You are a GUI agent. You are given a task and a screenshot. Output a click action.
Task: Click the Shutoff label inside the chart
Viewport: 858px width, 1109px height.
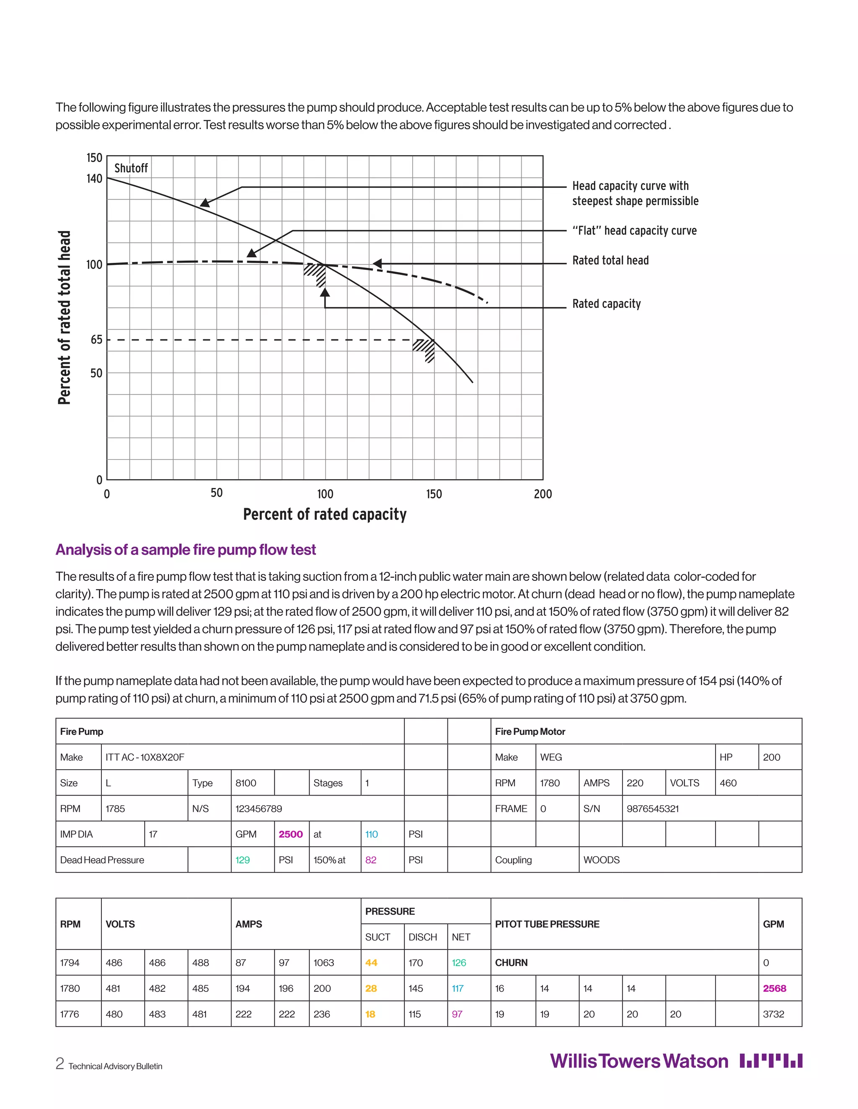[x=131, y=168]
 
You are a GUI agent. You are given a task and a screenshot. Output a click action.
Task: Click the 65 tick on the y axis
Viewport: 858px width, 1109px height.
[x=97, y=340]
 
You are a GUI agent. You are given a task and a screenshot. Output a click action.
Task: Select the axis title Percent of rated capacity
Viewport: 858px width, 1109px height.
[x=325, y=514]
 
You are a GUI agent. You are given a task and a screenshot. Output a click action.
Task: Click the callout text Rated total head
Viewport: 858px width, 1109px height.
[x=610, y=260]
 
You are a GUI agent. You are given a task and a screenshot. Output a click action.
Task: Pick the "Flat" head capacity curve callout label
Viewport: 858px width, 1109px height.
[x=634, y=231]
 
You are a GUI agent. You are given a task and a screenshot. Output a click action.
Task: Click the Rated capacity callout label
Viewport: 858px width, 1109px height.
[x=606, y=304]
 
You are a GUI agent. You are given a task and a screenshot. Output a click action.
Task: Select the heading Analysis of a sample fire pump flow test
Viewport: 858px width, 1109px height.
[x=186, y=550]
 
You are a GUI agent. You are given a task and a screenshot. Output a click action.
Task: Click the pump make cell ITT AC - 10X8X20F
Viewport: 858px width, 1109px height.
[x=145, y=757]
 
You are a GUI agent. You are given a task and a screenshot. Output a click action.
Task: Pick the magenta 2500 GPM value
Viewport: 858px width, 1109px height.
[x=290, y=834]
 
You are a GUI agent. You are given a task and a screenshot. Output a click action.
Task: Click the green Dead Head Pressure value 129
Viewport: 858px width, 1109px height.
[x=243, y=860]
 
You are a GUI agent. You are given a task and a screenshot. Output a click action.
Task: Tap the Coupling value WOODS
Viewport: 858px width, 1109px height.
[x=601, y=860]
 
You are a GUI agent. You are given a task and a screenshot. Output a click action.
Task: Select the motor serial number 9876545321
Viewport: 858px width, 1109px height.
[x=652, y=809]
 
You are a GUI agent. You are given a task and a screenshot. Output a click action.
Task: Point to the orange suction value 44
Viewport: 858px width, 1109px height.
[x=371, y=963]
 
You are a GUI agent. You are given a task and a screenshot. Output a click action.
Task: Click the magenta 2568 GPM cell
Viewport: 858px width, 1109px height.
[x=774, y=988]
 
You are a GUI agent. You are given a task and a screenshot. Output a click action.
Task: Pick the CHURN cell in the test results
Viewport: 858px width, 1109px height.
[x=512, y=963]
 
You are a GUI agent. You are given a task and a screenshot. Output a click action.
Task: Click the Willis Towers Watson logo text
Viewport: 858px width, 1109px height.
[x=639, y=1061]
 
